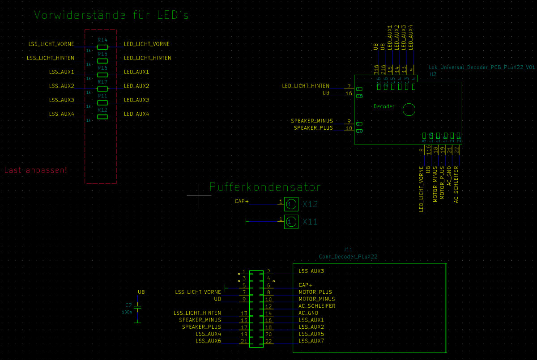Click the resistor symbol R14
pos(102,47)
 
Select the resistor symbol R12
pos(102,117)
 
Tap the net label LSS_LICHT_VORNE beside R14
pos(51,44)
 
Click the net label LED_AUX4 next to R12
pos(136,114)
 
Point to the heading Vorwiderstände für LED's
pos(111,15)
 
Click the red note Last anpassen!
pos(36,170)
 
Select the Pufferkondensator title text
pos(265,187)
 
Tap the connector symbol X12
pos(291,204)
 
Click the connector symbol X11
pos(291,221)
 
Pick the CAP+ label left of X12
pos(242,201)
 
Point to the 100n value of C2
pos(127,312)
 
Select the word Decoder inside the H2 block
pos(384,106)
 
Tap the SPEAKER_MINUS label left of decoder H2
pos(312,121)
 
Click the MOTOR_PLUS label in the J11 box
pos(315,292)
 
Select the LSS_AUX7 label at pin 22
pos(311,341)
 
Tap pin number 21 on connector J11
pos(244,341)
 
